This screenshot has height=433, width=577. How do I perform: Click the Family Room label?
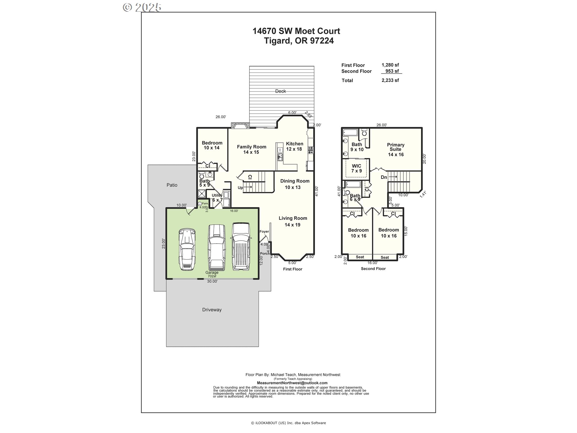click(x=252, y=149)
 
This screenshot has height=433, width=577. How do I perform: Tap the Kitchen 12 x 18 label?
click(x=294, y=146)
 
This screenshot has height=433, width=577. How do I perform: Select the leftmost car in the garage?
click(x=187, y=250)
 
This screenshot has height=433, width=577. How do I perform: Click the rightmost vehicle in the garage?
click(x=240, y=246)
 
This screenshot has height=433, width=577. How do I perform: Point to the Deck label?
click(x=280, y=91)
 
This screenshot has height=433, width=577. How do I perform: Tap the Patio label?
click(x=172, y=185)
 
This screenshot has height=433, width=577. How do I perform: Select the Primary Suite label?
click(x=395, y=149)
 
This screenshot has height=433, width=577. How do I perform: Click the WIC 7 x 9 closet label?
click(x=356, y=168)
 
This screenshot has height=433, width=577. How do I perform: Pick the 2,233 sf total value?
click(x=390, y=80)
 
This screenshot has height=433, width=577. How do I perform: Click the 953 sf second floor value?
click(x=392, y=71)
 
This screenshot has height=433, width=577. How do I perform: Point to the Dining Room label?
click(x=295, y=184)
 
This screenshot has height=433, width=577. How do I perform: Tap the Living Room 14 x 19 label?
click(x=292, y=221)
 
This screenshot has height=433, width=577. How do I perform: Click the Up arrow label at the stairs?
click(x=240, y=188)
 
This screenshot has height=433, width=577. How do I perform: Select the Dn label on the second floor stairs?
click(x=384, y=177)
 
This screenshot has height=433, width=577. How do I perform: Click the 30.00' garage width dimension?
click(x=212, y=281)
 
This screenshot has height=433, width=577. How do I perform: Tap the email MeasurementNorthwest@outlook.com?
click(x=292, y=383)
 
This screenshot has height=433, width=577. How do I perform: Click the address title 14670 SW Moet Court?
click(x=296, y=31)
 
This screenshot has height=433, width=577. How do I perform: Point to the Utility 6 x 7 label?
click(x=217, y=198)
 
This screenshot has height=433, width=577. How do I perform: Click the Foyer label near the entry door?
click(x=264, y=232)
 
